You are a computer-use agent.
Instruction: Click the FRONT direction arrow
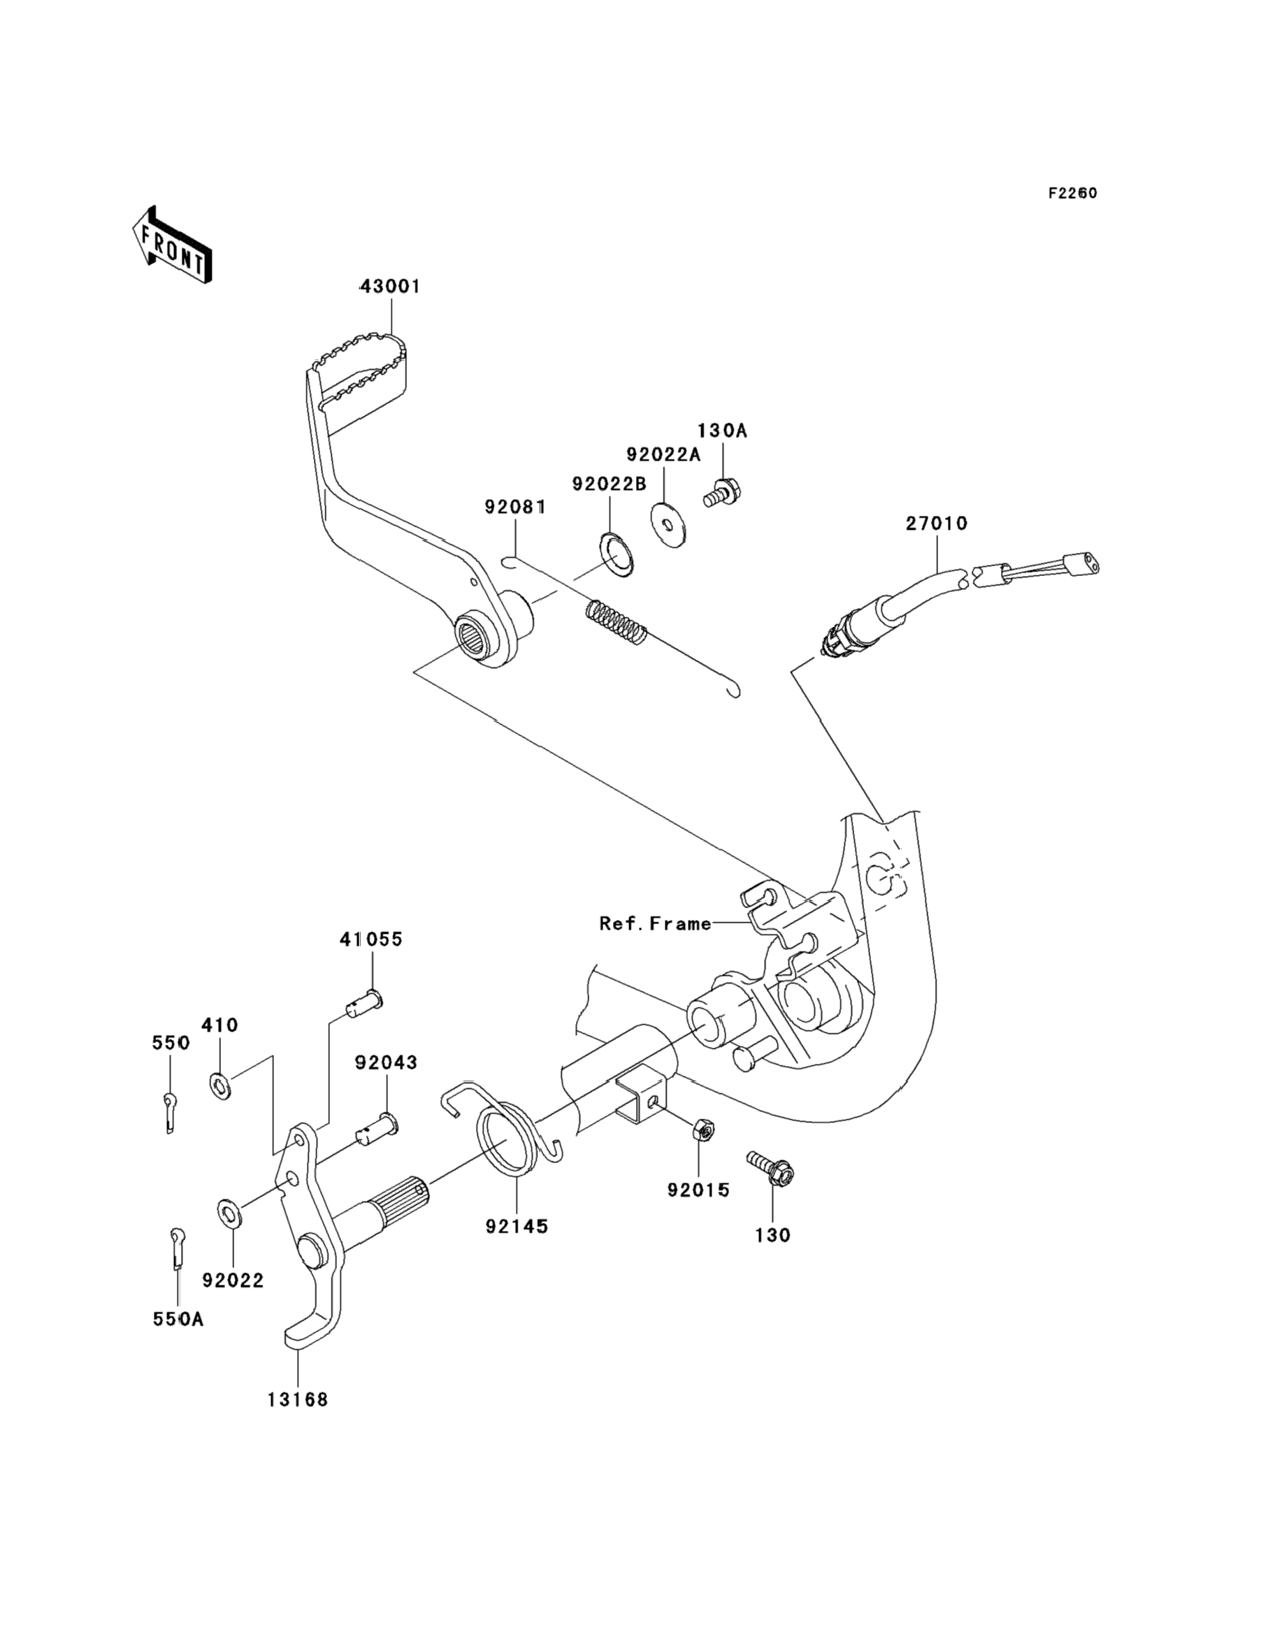171,245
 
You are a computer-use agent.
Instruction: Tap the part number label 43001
389,286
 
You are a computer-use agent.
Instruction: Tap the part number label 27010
937,523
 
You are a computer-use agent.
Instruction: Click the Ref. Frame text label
655,923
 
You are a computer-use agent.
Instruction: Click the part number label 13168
298,1399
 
